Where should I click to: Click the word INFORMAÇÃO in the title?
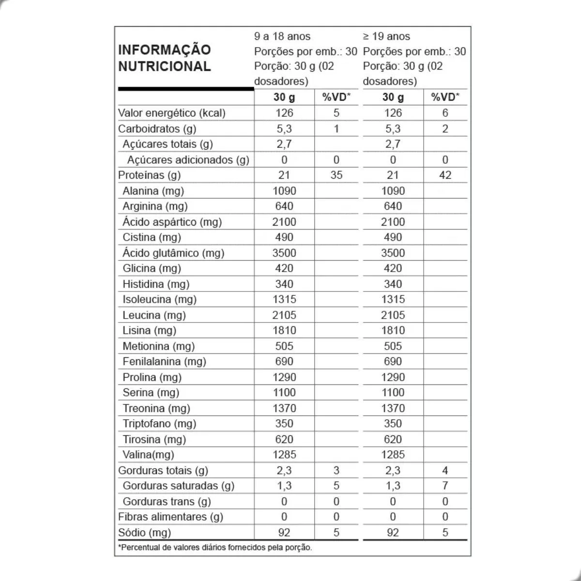165,50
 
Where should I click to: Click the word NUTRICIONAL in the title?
165,66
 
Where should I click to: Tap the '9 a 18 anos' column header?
282,36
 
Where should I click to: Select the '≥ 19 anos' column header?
386,36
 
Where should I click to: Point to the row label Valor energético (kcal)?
172,113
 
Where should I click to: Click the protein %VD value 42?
445,175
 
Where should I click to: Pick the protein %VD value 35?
336,175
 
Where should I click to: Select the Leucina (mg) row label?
154,315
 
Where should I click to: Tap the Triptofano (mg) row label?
159,424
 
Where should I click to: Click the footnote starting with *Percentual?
215,548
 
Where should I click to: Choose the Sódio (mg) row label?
145,533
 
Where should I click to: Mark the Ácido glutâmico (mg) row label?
173,253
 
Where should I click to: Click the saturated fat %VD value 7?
445,486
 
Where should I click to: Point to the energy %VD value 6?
445,113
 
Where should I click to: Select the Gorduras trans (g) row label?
167,502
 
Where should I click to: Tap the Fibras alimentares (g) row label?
170,517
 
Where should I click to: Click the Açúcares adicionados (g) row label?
188,160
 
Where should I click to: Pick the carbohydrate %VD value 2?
445,129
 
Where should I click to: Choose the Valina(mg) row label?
148,455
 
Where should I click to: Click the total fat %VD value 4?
445,470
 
